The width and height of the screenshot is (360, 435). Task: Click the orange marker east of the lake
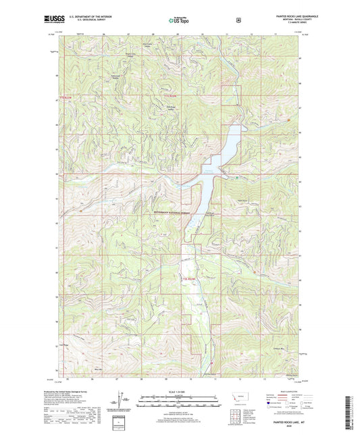point(289,121)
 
